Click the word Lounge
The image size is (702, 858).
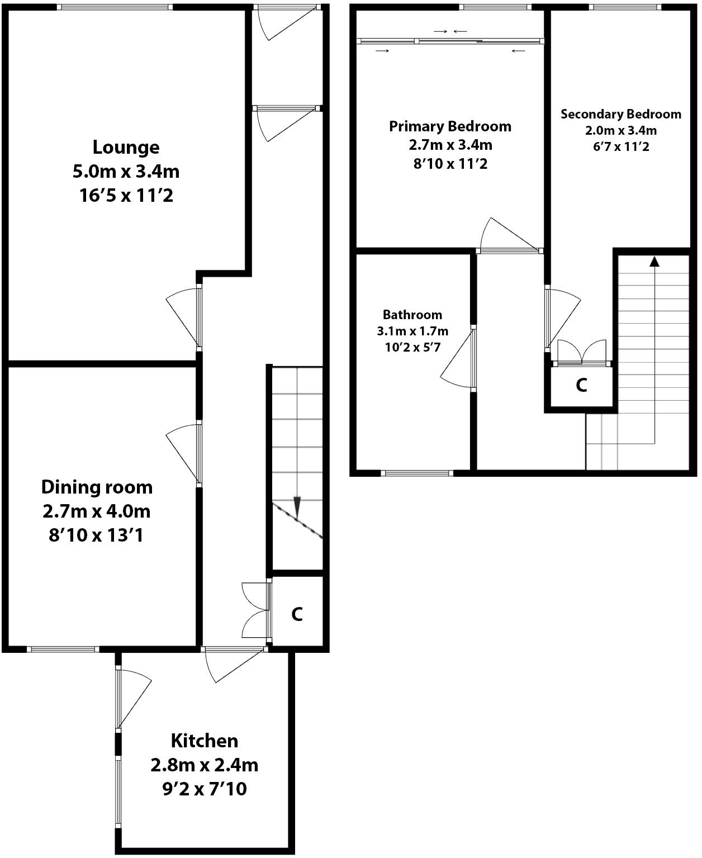[126, 148]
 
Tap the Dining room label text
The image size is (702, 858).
[97, 487]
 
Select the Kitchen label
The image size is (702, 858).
[205, 741]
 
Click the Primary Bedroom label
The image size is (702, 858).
[450, 126]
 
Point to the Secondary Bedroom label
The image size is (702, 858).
[620, 115]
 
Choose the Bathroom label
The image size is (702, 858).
[412, 315]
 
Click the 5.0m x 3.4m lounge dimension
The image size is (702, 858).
[126, 171]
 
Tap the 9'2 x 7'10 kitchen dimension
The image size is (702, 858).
[205, 789]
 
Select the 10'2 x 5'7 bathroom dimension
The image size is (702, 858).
[412, 347]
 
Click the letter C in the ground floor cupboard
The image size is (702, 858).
[297, 614]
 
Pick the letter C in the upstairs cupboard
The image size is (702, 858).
[581, 385]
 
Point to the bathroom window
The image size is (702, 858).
[417, 473]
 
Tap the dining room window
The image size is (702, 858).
[63, 649]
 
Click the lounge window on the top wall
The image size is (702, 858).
[115, 7]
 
